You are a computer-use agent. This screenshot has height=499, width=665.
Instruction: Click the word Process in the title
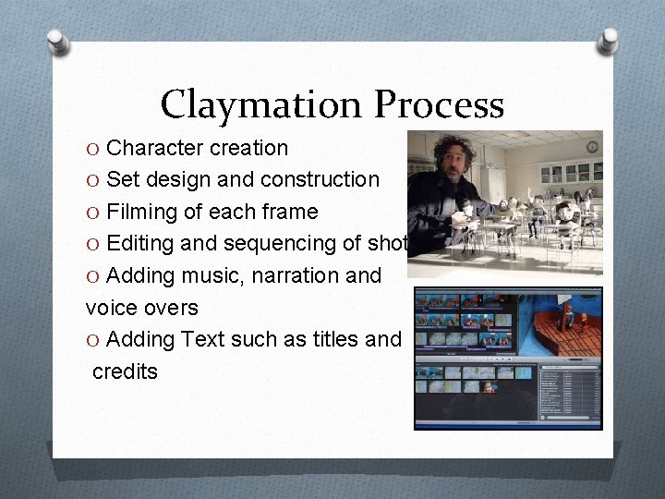click(439, 104)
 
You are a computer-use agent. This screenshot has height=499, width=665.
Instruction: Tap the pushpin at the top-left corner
click(58, 42)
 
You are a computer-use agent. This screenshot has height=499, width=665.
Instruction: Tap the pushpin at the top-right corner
click(607, 40)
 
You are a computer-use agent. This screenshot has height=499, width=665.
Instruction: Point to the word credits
click(126, 371)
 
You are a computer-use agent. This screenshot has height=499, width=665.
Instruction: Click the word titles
click(332, 339)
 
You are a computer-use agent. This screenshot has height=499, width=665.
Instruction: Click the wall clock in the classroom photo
click(591, 146)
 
